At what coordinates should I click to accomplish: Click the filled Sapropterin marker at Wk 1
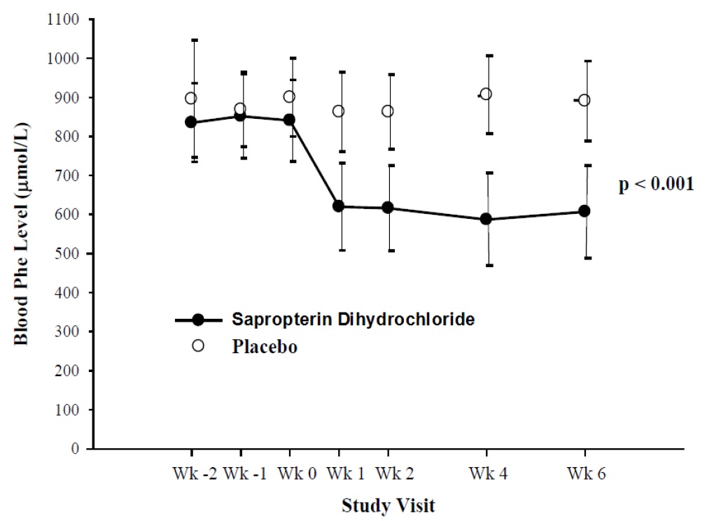click(x=338, y=206)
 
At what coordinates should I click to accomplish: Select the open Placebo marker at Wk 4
click(x=486, y=94)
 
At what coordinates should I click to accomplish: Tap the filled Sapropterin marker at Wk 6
click(x=584, y=211)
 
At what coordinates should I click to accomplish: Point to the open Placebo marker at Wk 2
click(x=387, y=111)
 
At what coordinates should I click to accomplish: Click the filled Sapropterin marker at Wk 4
click(x=486, y=220)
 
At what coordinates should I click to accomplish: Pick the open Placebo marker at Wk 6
click(x=584, y=100)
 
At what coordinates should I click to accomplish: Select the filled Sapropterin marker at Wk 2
click(x=387, y=208)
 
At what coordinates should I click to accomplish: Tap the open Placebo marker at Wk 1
click(x=338, y=111)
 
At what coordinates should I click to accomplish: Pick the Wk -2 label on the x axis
click(x=190, y=473)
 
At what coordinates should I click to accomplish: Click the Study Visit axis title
click(x=387, y=505)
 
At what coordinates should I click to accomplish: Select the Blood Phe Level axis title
click(x=22, y=234)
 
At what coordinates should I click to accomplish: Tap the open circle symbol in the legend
click(x=198, y=346)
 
